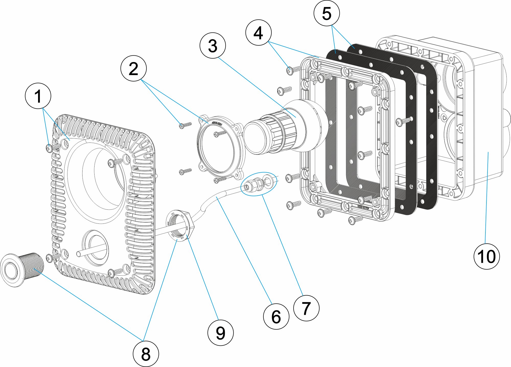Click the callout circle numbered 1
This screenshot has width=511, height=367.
[38, 96]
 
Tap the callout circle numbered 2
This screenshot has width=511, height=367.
[134, 68]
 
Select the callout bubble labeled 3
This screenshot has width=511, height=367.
[213, 46]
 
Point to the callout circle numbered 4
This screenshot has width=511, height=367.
[258, 33]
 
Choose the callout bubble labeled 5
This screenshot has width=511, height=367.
[327, 13]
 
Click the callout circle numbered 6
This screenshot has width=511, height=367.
[276, 316]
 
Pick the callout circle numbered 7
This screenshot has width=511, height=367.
[306, 308]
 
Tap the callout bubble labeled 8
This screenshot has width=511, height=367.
[146, 354]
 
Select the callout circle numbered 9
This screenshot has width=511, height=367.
[220, 333]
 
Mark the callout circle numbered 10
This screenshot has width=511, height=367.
[486, 256]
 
